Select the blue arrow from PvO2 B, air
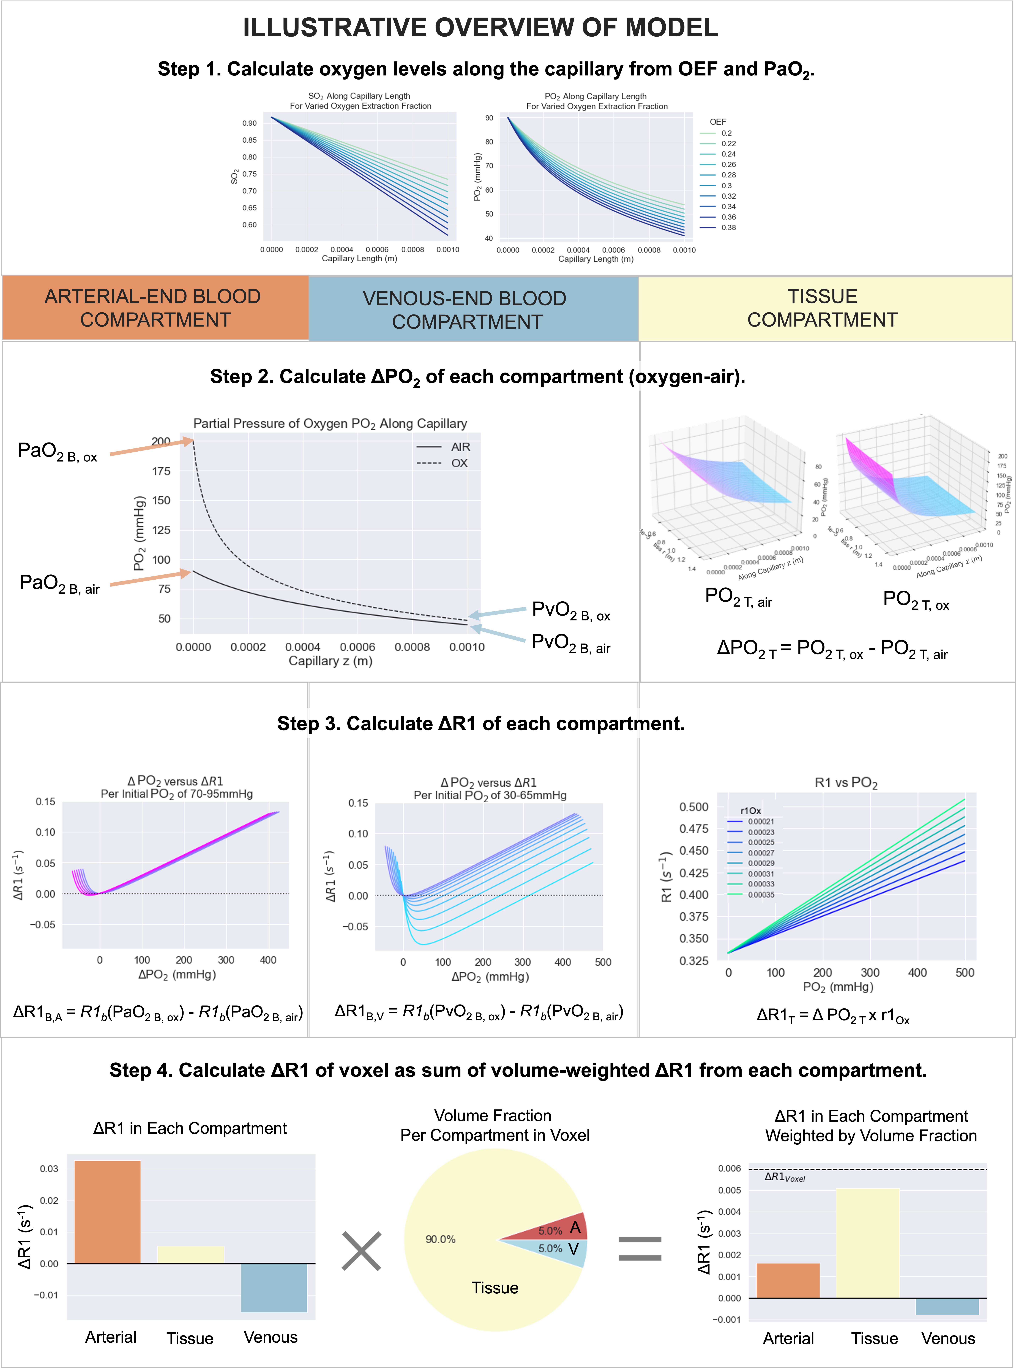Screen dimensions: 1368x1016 pyautogui.click(x=498, y=635)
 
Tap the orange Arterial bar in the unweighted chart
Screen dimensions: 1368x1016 pyautogui.click(x=108, y=1212)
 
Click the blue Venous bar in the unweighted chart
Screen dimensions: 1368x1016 pyautogui.click(x=274, y=1287)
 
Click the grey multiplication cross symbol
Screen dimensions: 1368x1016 pyautogui.click(x=362, y=1250)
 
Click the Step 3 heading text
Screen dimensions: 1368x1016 pyautogui.click(x=481, y=723)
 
